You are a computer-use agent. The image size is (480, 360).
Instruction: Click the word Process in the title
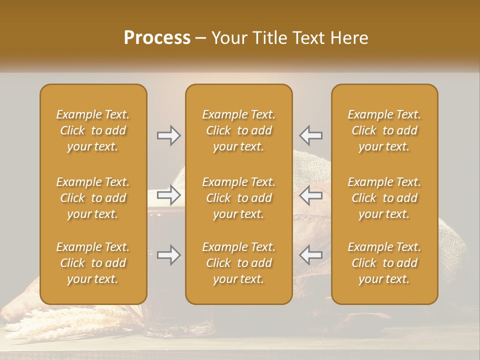click(x=157, y=38)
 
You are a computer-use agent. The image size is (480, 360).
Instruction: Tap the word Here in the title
click(x=348, y=38)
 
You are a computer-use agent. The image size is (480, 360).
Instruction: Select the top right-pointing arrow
click(x=168, y=135)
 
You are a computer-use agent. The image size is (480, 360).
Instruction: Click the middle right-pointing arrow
click(x=168, y=194)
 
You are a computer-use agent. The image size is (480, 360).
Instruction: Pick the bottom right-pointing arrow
click(x=168, y=255)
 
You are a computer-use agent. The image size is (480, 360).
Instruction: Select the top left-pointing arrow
click(x=310, y=135)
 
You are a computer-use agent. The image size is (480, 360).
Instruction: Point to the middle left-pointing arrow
click(x=310, y=194)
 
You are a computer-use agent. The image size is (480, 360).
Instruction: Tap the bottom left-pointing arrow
click(x=310, y=255)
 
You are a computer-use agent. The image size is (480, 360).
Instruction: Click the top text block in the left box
click(x=93, y=130)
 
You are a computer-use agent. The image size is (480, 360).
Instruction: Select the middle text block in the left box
click(x=93, y=198)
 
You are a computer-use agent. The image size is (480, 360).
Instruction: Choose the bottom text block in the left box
click(x=93, y=263)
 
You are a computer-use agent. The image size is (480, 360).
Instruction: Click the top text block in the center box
click(x=239, y=130)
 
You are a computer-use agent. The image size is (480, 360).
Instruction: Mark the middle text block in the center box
click(x=239, y=198)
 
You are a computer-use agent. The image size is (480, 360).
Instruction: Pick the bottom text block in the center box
click(x=239, y=263)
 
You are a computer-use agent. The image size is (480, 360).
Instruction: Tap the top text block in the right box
click(x=384, y=130)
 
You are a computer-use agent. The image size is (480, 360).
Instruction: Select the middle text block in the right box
click(x=384, y=198)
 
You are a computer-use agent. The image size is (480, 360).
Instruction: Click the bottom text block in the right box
click(x=384, y=263)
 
